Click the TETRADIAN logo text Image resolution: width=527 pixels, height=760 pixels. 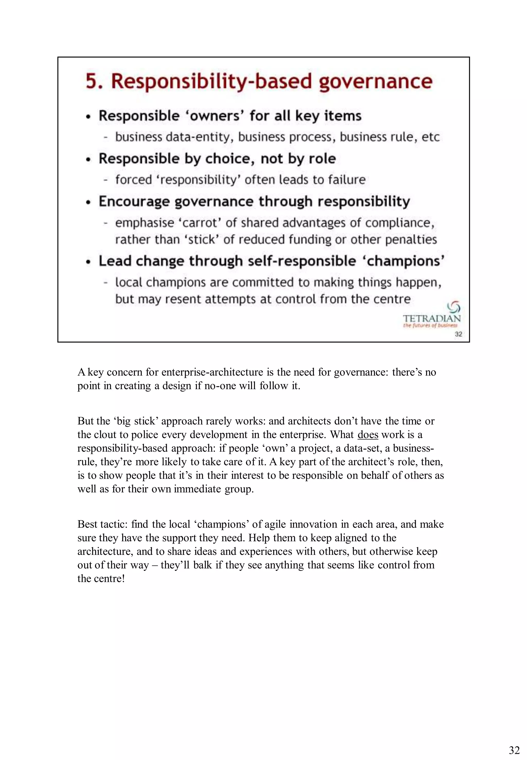pos(431,319)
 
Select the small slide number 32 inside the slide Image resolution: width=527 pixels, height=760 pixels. pos(458,334)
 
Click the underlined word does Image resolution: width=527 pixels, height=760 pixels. pos(367,435)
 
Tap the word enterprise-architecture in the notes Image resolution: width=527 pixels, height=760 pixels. pos(212,372)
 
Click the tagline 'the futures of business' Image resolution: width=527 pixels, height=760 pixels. pos(430,326)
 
